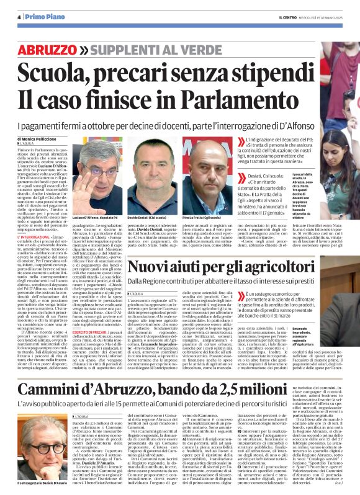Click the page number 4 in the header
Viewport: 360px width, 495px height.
tap(19, 17)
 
